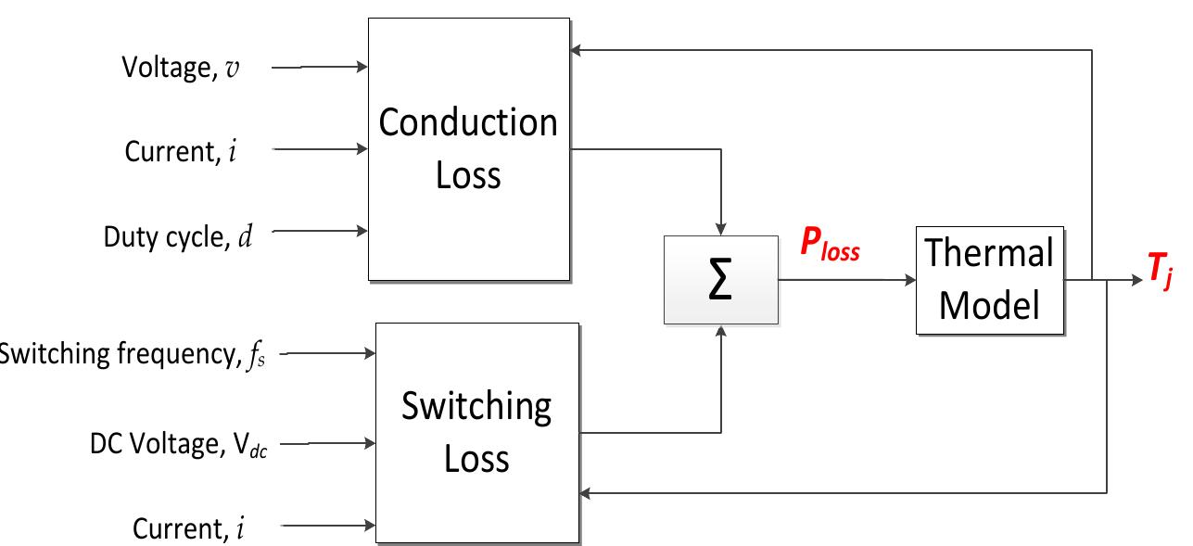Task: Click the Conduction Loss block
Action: coord(469,148)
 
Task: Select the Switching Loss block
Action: coord(476,432)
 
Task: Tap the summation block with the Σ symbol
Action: coord(721,279)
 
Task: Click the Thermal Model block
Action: coord(990,278)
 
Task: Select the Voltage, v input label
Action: coord(182,68)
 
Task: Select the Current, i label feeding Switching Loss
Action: coord(191,528)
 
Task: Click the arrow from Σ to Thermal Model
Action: coord(846,278)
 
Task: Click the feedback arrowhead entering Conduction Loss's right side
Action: coord(576,50)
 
